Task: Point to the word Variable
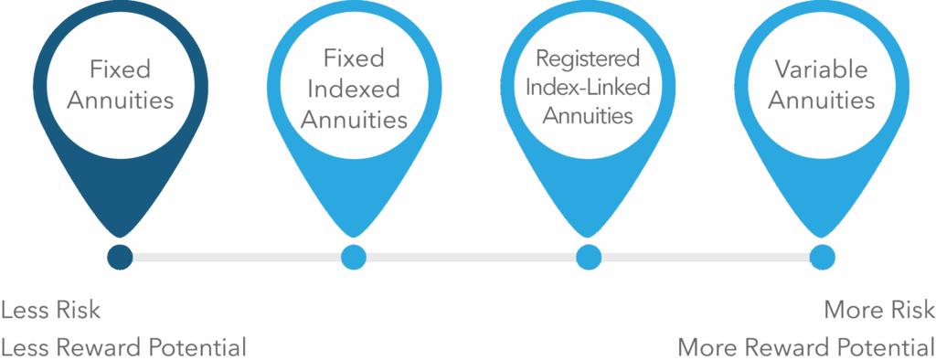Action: tap(821, 69)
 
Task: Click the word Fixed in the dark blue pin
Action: tap(119, 69)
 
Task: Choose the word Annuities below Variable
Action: tap(821, 100)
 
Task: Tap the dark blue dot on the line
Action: tap(119, 258)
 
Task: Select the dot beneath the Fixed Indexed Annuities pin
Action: tap(353, 258)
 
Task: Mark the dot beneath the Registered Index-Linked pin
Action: tap(588, 258)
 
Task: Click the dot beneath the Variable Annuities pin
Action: tap(822, 258)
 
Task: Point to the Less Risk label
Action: tap(51, 310)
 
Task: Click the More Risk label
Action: tap(878, 310)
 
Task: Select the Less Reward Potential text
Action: tap(123, 346)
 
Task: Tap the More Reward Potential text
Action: tap(805, 346)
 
